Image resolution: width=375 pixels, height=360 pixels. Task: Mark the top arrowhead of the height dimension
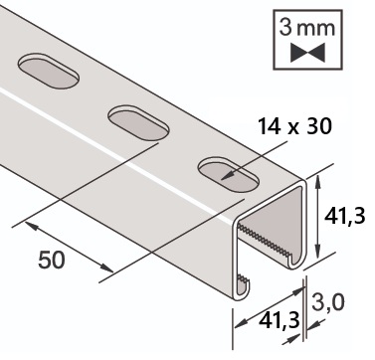(317, 182)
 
